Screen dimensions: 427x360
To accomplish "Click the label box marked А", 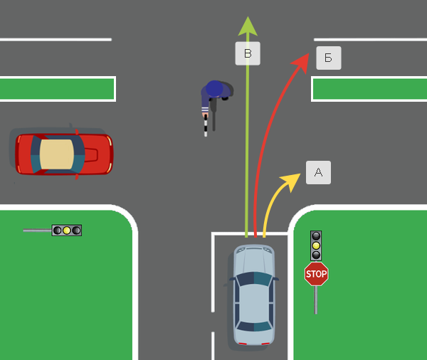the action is tap(318, 172).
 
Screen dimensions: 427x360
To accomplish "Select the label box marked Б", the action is tap(328, 58).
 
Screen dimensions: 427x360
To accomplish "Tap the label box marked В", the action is tap(248, 53).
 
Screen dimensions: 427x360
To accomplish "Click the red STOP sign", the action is tap(316, 273).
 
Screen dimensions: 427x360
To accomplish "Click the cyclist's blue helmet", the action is tap(214, 89).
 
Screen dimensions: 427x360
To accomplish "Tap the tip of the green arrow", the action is tap(248, 19).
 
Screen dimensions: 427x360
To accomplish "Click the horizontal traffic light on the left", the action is tap(66, 231).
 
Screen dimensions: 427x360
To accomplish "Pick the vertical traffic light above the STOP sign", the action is tap(316, 245).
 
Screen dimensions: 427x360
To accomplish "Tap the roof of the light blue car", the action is tap(254, 299).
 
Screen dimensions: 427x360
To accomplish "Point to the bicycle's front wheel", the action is tap(206, 128).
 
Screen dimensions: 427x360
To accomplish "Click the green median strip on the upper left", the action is tap(57, 89).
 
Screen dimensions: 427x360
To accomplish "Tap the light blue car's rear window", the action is tap(254, 327).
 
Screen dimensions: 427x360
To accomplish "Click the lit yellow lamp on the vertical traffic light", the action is tap(316, 245).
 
